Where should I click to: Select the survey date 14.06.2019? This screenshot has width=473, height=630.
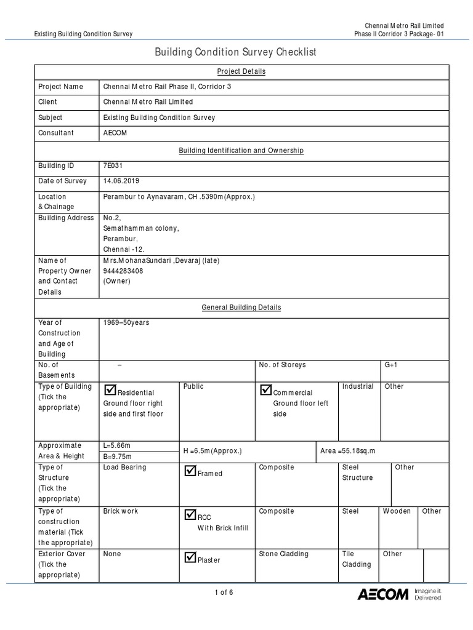[122, 181]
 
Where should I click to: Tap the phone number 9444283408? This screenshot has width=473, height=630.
[123, 271]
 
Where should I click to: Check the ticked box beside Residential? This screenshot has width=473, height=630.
[110, 390]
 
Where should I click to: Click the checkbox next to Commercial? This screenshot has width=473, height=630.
[265, 390]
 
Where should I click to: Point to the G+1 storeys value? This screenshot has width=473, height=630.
[391, 365]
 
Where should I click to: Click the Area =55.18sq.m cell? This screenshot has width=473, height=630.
[347, 451]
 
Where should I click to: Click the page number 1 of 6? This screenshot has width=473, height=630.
[224, 593]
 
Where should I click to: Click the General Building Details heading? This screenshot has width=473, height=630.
[241, 307]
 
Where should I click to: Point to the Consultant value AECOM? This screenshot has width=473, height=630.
[115, 133]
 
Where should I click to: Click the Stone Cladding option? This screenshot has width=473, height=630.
[283, 554]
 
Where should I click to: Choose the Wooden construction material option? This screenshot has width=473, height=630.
[397, 511]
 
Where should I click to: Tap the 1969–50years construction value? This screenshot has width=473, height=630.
[127, 322]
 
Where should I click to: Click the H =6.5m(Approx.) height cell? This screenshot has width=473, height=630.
[212, 451]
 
